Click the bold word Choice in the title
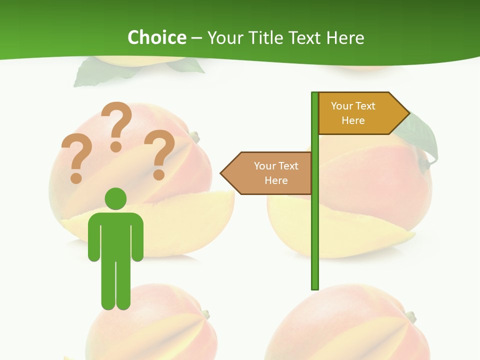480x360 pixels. pyautogui.click(x=156, y=37)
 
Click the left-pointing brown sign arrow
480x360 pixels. pyautogui.click(x=267, y=173)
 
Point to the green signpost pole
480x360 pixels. pyautogui.click(x=314, y=225)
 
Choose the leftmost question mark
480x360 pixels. pyautogui.click(x=75, y=157)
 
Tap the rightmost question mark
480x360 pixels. pyautogui.click(x=159, y=153)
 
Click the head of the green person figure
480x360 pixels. pyautogui.click(x=115, y=198)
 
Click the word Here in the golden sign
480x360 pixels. pyautogui.click(x=353, y=120)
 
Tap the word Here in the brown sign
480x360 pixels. pyautogui.click(x=276, y=180)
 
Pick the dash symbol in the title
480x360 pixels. pyautogui.click(x=196, y=38)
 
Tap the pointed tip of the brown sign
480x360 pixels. pyautogui.click(x=222, y=173)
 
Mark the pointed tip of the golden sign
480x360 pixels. pyautogui.click(x=407, y=113)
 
